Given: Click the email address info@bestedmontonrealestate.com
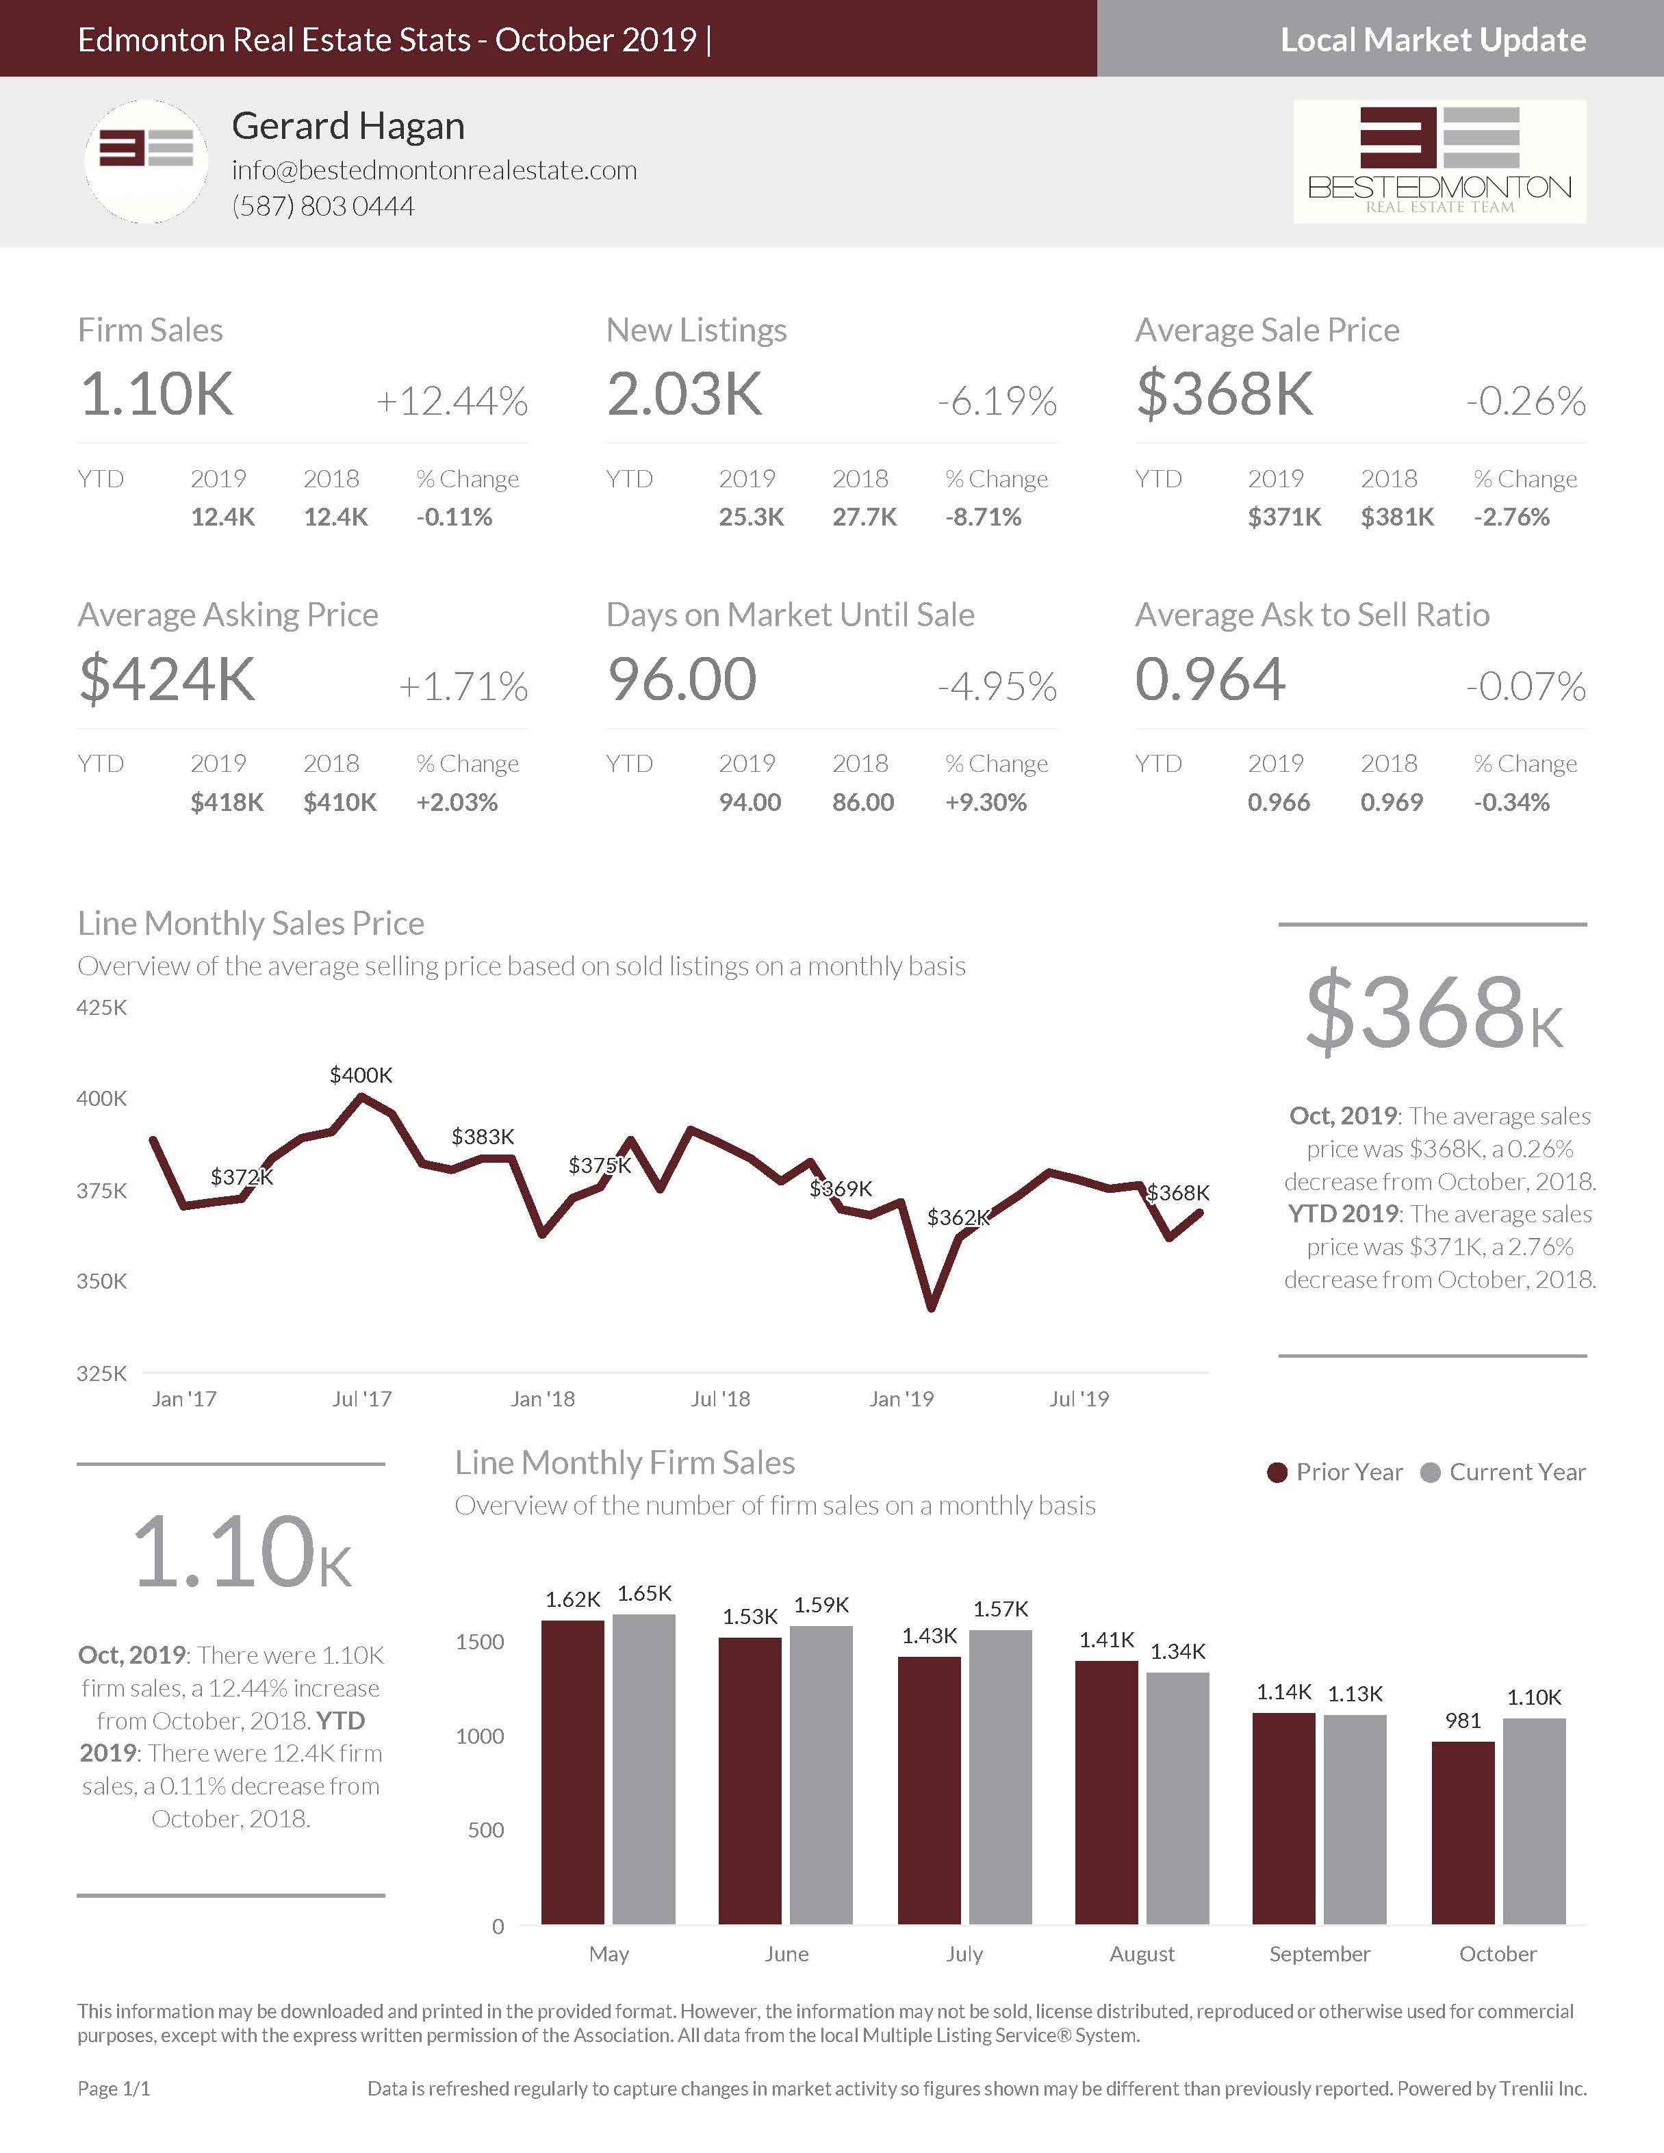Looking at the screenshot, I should (x=434, y=170).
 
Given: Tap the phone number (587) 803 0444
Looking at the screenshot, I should (x=322, y=207).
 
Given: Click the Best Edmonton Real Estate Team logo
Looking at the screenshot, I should (x=1439, y=162).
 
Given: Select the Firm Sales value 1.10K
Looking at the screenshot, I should (x=157, y=394).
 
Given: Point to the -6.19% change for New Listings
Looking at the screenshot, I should (x=997, y=401).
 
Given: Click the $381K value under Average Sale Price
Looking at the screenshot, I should (x=1397, y=517).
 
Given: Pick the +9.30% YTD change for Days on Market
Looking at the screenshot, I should (x=985, y=803).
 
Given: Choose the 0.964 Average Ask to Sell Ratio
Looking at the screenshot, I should (x=1209, y=679).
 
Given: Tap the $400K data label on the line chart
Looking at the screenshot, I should (x=361, y=1074).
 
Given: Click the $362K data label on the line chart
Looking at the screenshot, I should (x=957, y=1217).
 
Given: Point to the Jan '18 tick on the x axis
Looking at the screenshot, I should (x=542, y=1399).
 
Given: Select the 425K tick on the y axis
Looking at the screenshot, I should (x=101, y=1007).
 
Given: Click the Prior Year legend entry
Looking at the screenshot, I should (x=1335, y=1473).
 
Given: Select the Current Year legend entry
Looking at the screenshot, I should (x=1503, y=1473).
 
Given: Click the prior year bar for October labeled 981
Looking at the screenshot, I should (x=1463, y=1833).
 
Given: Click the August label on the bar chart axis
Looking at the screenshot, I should (x=1142, y=1954).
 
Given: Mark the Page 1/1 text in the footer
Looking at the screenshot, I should (x=114, y=2089).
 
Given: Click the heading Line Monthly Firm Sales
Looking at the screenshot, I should (x=624, y=1463).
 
